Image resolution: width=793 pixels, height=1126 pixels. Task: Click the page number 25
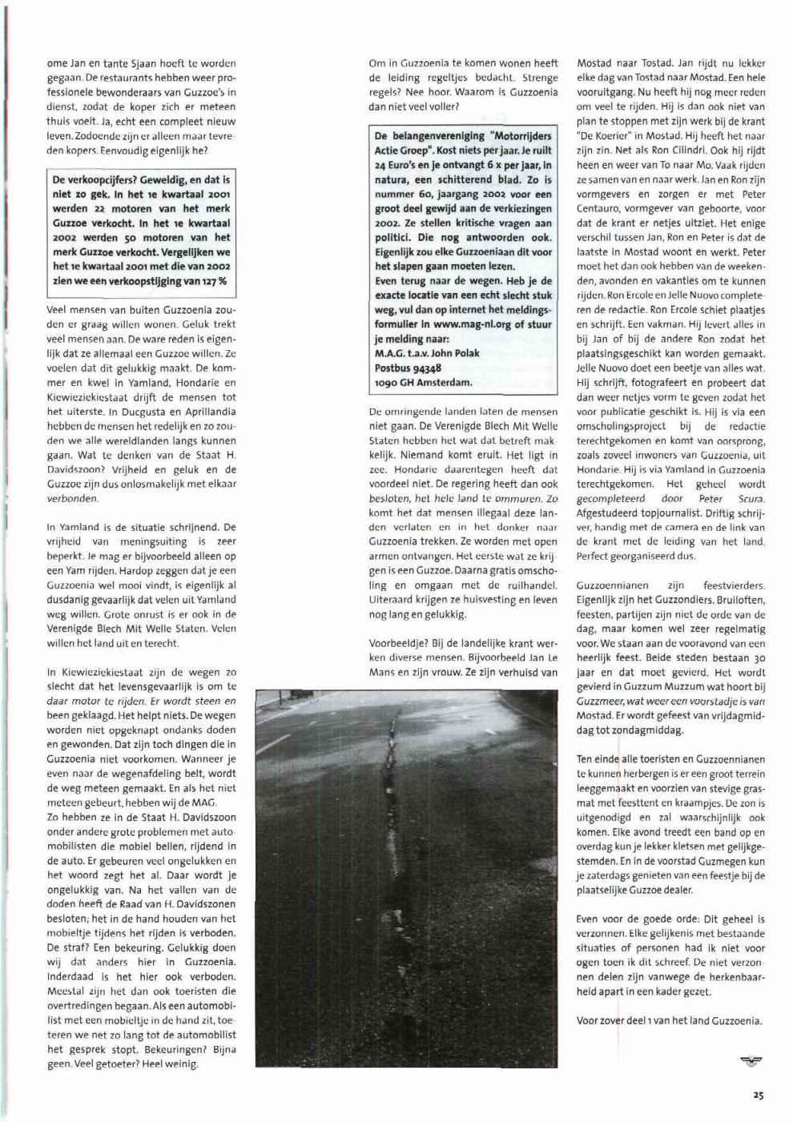757,1096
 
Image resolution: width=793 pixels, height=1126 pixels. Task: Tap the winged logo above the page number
751,1062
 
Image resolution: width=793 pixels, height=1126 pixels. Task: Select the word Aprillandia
207,412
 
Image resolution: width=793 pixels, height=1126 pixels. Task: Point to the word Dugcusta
141,412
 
